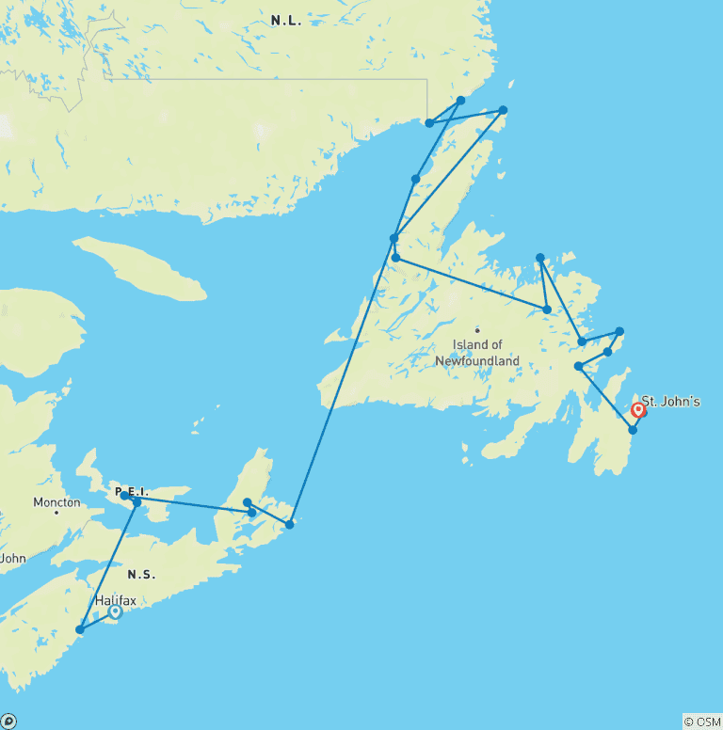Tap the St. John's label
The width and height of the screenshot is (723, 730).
point(671,402)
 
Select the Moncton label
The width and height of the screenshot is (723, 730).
point(56,502)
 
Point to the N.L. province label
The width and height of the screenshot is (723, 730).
point(285,21)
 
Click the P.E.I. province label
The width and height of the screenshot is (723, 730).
point(131,492)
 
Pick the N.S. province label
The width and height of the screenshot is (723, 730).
point(143,574)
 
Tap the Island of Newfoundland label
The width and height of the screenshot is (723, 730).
point(476,353)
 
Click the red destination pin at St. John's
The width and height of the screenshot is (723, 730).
point(638,410)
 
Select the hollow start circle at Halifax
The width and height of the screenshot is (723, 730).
point(115,611)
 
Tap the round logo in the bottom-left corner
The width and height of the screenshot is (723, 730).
point(8,722)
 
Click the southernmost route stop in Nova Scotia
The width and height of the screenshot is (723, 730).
point(80,629)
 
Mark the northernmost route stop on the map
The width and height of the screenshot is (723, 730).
point(460,100)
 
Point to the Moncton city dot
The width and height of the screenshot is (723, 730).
point(56,513)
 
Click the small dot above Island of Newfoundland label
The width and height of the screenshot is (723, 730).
point(477,330)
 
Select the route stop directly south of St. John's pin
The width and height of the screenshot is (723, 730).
point(633,430)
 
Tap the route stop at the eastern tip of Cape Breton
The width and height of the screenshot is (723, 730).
point(289,524)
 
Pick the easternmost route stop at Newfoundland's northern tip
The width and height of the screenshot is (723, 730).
point(503,110)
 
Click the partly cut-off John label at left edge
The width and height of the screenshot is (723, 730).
point(12,558)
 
